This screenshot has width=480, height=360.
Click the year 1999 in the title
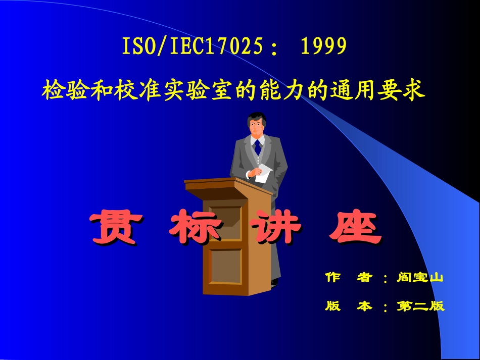point(324,47)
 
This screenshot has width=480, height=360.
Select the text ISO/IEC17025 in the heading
point(192,47)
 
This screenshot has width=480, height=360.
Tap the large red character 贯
point(114,229)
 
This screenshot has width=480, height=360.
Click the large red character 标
point(195,229)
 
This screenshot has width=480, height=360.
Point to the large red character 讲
point(275,229)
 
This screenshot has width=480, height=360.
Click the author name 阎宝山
point(420,278)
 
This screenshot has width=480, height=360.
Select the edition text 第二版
point(420,306)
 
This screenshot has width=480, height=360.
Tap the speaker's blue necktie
point(258,147)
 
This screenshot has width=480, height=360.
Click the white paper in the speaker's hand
point(264,174)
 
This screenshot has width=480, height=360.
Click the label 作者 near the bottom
point(349,278)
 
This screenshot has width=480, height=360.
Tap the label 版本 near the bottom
point(349,306)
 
